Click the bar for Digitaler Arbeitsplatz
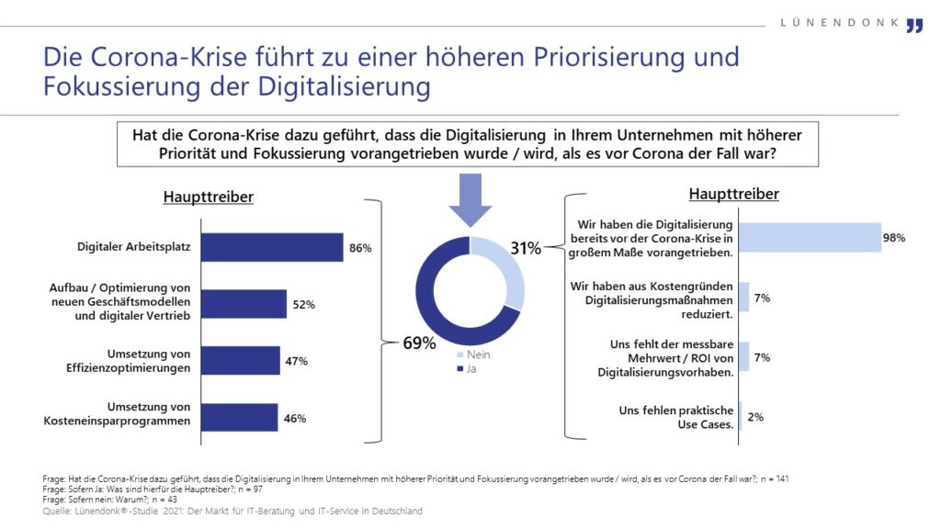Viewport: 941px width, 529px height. (x=271, y=247)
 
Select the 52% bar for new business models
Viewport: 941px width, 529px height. (x=244, y=304)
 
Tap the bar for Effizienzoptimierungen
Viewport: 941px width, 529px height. (x=240, y=361)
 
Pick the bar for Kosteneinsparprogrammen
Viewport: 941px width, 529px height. (x=239, y=418)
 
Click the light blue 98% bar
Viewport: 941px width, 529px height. (x=810, y=238)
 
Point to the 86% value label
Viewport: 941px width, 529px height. (x=359, y=248)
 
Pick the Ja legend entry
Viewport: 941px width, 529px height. (x=468, y=368)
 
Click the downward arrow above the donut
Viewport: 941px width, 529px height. (x=470, y=199)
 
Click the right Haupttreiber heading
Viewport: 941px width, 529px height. (x=733, y=194)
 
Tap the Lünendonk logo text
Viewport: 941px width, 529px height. (x=841, y=23)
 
